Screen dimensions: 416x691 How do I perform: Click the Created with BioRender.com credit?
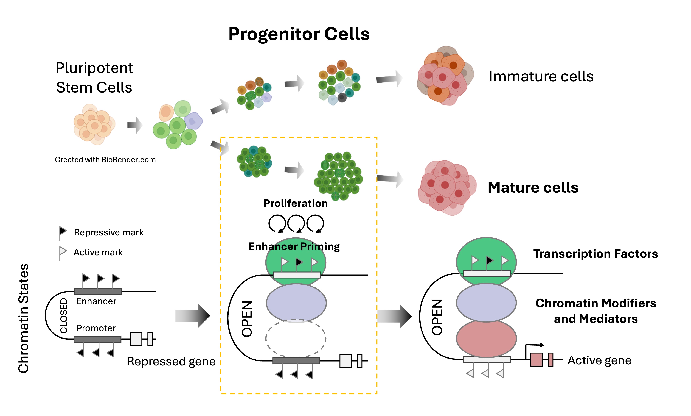pyautogui.click(x=105, y=160)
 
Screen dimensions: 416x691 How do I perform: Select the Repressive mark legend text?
pyautogui.click(x=109, y=232)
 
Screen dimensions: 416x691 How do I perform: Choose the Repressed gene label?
pyautogui.click(x=171, y=361)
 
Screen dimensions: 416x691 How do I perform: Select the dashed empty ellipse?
pyautogui.click(x=296, y=338)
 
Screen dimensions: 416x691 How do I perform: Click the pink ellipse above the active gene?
pyautogui.click(x=486, y=338)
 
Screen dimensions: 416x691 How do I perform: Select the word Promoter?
pyautogui.click(x=96, y=328)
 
